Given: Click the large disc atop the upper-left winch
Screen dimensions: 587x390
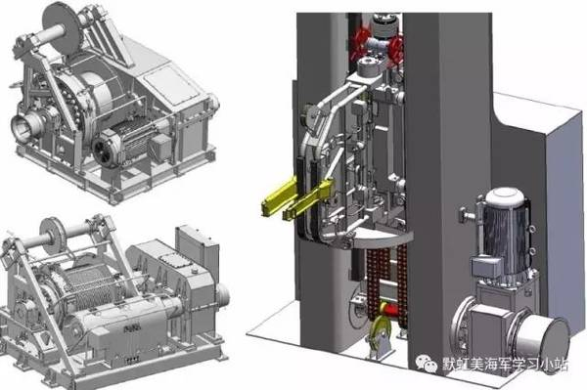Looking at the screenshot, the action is click(62, 23).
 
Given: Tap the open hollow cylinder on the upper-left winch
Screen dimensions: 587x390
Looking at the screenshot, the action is click(28, 125).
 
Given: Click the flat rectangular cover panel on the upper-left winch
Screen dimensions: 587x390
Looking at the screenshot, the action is click(170, 86).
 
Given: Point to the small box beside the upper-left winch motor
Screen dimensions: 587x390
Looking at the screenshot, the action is click(160, 147).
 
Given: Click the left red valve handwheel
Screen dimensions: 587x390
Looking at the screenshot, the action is click(359, 44).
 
